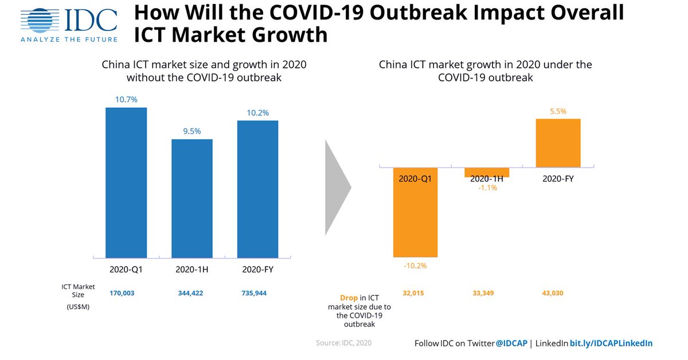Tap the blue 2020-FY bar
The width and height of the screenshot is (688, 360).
click(257, 189)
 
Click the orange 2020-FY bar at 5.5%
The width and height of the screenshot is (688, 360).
click(558, 143)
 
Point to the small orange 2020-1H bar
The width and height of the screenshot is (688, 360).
click(487, 172)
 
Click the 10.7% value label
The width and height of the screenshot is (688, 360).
click(126, 100)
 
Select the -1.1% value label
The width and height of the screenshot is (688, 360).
click(487, 187)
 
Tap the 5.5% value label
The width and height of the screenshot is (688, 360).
click(558, 111)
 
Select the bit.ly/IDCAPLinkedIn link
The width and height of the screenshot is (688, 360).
click(611, 343)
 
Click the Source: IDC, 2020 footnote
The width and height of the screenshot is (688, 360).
click(344, 343)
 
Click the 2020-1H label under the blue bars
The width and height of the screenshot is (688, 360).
click(192, 269)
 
